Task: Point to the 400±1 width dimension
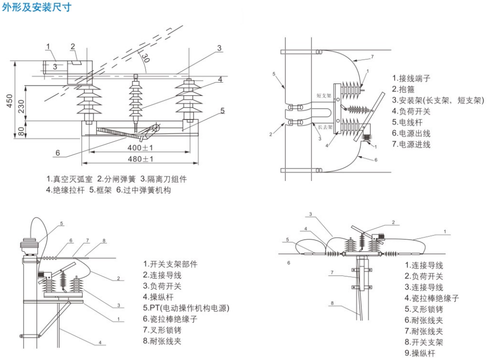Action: point(139,147)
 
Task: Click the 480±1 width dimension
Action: point(139,159)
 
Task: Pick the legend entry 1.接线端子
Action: point(411,78)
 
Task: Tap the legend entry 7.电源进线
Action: point(411,144)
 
